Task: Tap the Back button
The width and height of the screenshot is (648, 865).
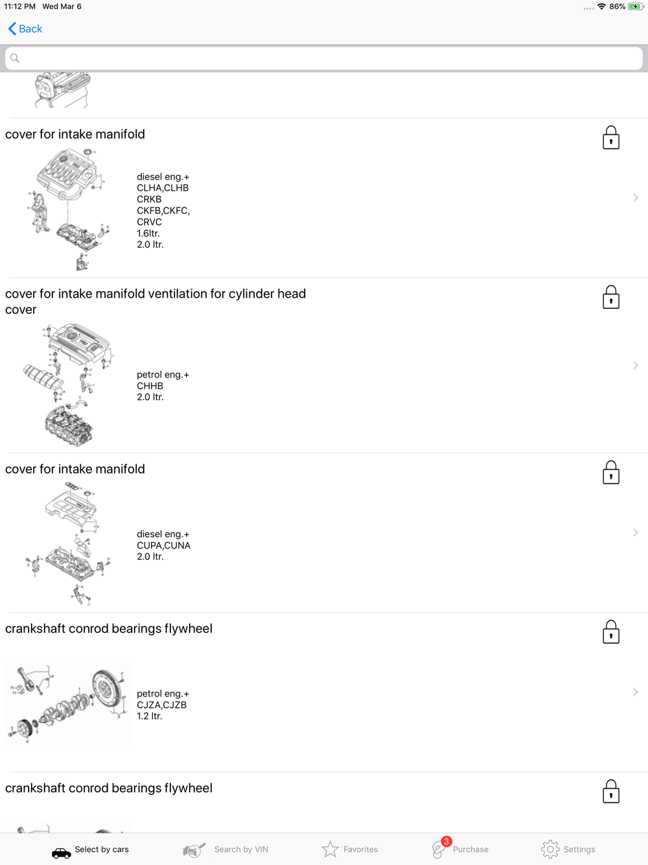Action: click(x=25, y=29)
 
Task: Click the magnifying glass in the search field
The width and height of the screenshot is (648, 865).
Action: click(x=14, y=58)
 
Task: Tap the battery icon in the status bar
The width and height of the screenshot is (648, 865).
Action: click(x=636, y=6)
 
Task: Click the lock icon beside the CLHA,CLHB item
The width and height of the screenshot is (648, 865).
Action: click(x=610, y=137)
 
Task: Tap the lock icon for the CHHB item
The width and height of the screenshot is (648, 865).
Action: click(x=610, y=297)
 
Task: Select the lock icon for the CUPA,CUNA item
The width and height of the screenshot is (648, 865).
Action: click(x=610, y=472)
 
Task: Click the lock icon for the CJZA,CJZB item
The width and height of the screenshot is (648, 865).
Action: click(x=610, y=632)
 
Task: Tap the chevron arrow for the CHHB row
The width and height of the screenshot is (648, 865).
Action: click(x=636, y=365)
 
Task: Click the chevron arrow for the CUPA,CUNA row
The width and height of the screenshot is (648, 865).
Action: click(x=636, y=533)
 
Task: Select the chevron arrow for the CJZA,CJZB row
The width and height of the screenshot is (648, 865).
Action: click(x=636, y=692)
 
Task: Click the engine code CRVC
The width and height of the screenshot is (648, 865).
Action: click(x=149, y=222)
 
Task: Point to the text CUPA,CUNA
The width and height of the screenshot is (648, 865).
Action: click(x=164, y=545)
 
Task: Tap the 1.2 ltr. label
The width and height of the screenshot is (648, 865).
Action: click(x=149, y=716)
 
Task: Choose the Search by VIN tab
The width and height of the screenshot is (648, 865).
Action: click(x=226, y=849)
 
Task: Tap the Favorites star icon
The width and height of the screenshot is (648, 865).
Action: click(x=330, y=849)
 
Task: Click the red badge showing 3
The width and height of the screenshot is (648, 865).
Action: click(x=446, y=842)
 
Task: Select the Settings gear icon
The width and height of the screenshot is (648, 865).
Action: click(x=550, y=849)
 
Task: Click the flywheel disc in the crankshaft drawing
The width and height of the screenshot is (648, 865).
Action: click(x=105, y=689)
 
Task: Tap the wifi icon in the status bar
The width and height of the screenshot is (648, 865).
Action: click(x=601, y=6)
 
